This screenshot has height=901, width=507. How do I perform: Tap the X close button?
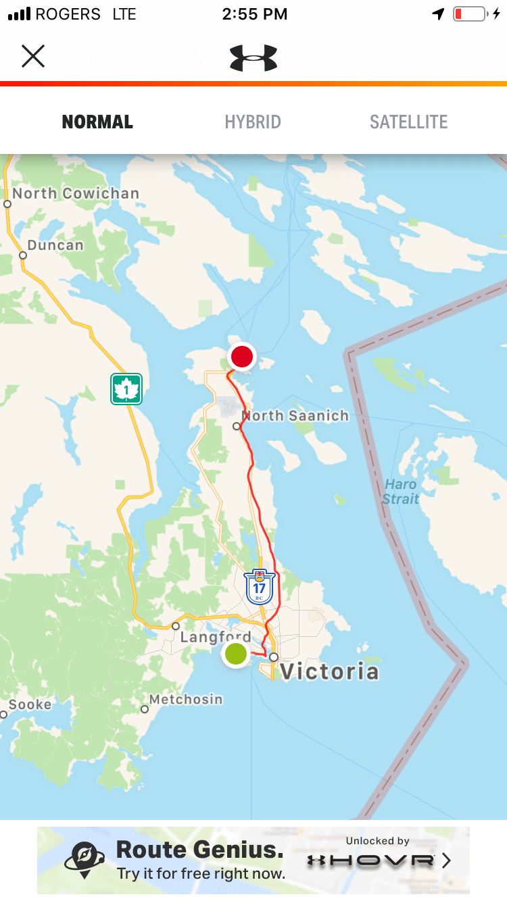pos(32,56)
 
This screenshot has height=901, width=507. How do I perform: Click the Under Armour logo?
pos(254,57)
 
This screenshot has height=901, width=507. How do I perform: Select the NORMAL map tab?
pos(97,122)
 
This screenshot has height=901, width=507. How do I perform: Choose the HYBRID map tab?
pos(253,122)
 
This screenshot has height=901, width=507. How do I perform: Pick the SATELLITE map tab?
pos(408,122)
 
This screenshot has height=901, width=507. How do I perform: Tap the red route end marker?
pos(241,356)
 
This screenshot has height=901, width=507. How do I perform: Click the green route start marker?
pos(236,654)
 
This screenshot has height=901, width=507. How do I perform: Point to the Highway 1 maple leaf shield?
pos(126,389)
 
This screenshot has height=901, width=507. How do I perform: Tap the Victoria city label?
pos(329,671)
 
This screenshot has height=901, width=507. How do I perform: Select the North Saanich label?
pos(295,416)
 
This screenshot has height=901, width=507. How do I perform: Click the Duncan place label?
pos(55,245)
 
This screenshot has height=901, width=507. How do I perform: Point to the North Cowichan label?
pos(76,193)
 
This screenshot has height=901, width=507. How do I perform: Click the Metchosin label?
pos(186,699)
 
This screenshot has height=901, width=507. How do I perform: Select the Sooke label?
pos(30,704)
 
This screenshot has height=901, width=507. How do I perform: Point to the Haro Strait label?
pos(401,492)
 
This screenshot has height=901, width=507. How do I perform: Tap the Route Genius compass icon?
pos(84,860)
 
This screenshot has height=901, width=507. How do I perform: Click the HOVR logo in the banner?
pos(370,860)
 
